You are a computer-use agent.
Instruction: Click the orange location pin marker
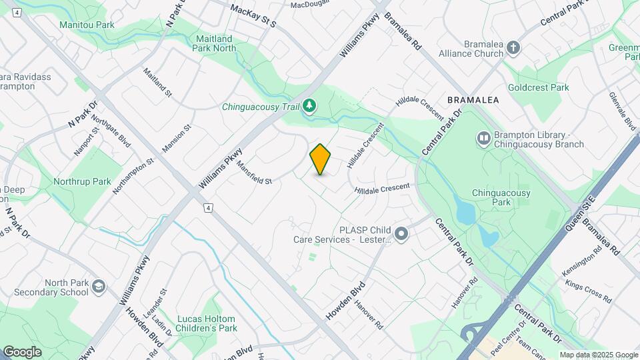[x=321, y=159]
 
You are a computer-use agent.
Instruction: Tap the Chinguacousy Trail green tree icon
[x=309, y=105]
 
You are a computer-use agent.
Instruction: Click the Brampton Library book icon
[x=483, y=139]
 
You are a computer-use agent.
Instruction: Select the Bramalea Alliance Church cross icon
[x=513, y=47]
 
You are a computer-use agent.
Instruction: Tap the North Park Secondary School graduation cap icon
[x=99, y=287]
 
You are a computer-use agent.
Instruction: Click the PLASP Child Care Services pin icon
[x=401, y=234]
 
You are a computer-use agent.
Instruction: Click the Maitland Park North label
[x=214, y=43]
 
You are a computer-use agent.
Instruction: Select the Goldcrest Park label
[x=538, y=87]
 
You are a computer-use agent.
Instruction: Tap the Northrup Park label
[x=83, y=181]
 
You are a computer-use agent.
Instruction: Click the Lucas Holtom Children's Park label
[x=207, y=323]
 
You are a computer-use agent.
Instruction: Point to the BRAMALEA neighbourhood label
[x=473, y=99]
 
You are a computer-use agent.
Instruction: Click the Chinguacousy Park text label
[x=501, y=197]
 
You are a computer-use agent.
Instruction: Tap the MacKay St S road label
[x=253, y=16]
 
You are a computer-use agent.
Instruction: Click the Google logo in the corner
[x=22, y=352]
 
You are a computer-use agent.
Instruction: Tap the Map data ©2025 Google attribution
[x=599, y=355]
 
